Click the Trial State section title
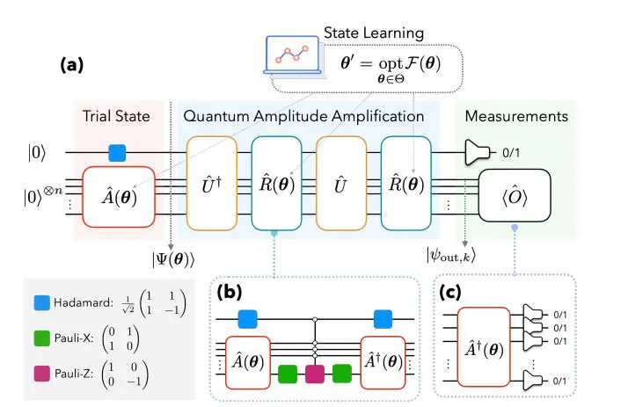117,116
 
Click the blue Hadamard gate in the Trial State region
118,152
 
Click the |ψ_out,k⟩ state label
456,257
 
